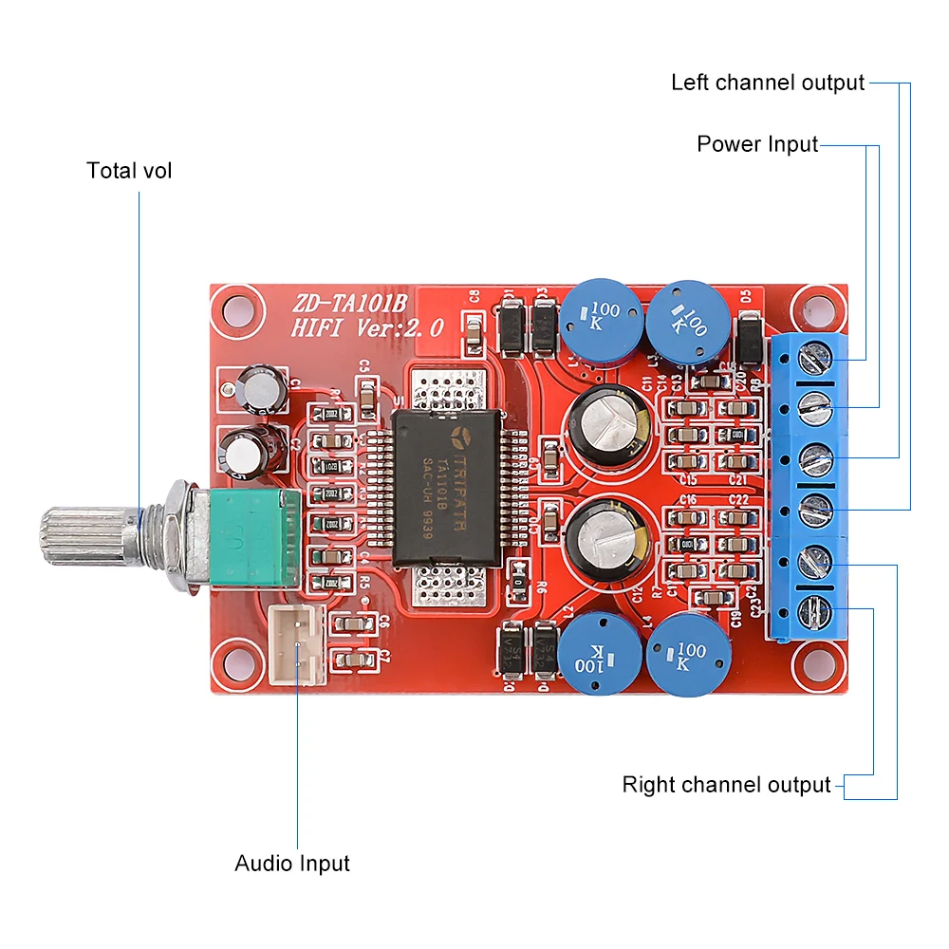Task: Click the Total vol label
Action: point(129,171)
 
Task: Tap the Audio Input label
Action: point(292,864)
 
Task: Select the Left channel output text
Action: point(768,83)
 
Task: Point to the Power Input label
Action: point(756,144)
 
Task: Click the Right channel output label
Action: point(726,785)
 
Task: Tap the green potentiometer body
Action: point(245,536)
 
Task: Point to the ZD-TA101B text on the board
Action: point(348,304)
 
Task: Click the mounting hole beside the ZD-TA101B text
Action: point(233,310)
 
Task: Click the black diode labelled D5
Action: point(750,337)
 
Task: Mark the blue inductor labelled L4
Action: point(688,655)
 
